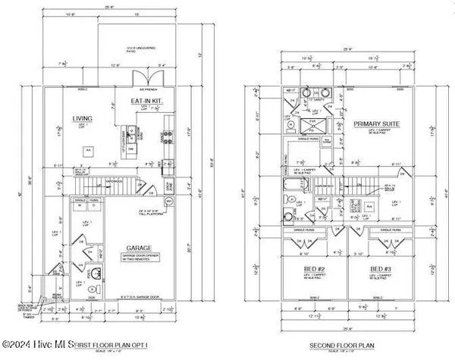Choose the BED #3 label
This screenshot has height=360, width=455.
pos(376,269)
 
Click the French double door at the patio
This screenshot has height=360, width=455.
pos(140,80)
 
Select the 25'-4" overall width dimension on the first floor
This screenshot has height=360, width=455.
pos(109,8)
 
